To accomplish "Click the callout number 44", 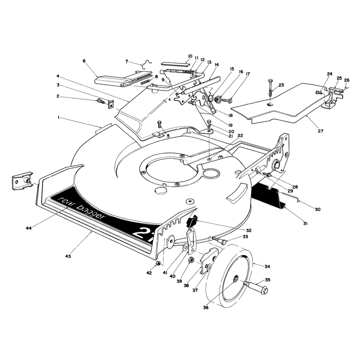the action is pyautogui.click(x=28, y=228).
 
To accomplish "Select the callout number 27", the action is pyautogui.click(x=320, y=131).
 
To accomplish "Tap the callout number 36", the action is pyautogui.click(x=206, y=307).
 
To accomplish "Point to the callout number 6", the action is pyautogui.click(x=84, y=61).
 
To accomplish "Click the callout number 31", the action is pyautogui.click(x=305, y=223).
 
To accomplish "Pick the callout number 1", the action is pyautogui.click(x=58, y=117).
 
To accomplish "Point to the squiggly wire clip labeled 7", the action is pyautogui.click(x=147, y=64).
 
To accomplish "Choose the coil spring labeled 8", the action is pyautogui.click(x=145, y=81).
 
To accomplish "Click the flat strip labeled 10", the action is pyautogui.click(x=176, y=64).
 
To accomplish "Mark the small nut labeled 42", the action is pyautogui.click(x=158, y=263).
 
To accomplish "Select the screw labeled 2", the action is pyautogui.click(x=101, y=101).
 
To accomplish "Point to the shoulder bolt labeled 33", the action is pyautogui.click(x=218, y=240).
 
